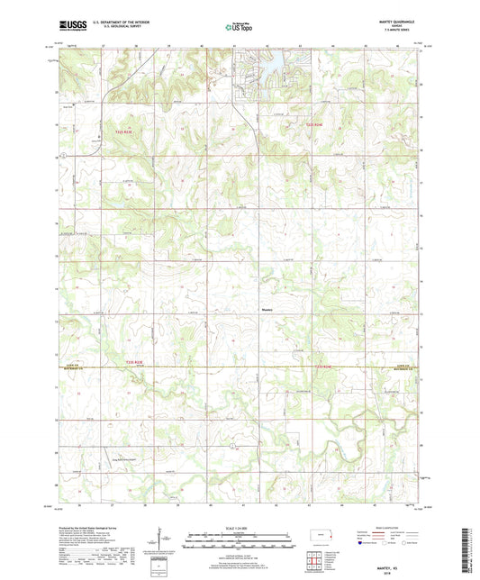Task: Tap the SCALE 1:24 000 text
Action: (240, 527)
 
